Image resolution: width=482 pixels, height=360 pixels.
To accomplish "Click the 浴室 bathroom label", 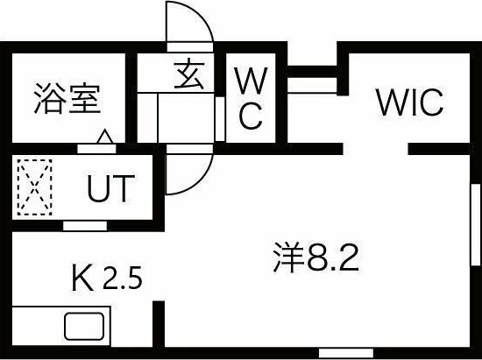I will [67, 99].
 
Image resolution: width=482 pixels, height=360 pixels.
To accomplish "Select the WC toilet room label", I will [250, 101].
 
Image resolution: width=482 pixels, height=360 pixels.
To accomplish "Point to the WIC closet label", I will [410, 102].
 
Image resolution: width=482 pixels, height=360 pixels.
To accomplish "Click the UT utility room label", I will [110, 188].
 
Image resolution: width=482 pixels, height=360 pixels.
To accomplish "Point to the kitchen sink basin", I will [84, 328].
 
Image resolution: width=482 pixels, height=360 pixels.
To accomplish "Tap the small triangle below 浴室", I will [104, 137].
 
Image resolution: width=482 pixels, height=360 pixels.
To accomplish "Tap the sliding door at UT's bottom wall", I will [85, 224].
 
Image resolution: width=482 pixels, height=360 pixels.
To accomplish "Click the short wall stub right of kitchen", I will [159, 328].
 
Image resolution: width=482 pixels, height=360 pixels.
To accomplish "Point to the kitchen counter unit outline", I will [61, 328].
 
